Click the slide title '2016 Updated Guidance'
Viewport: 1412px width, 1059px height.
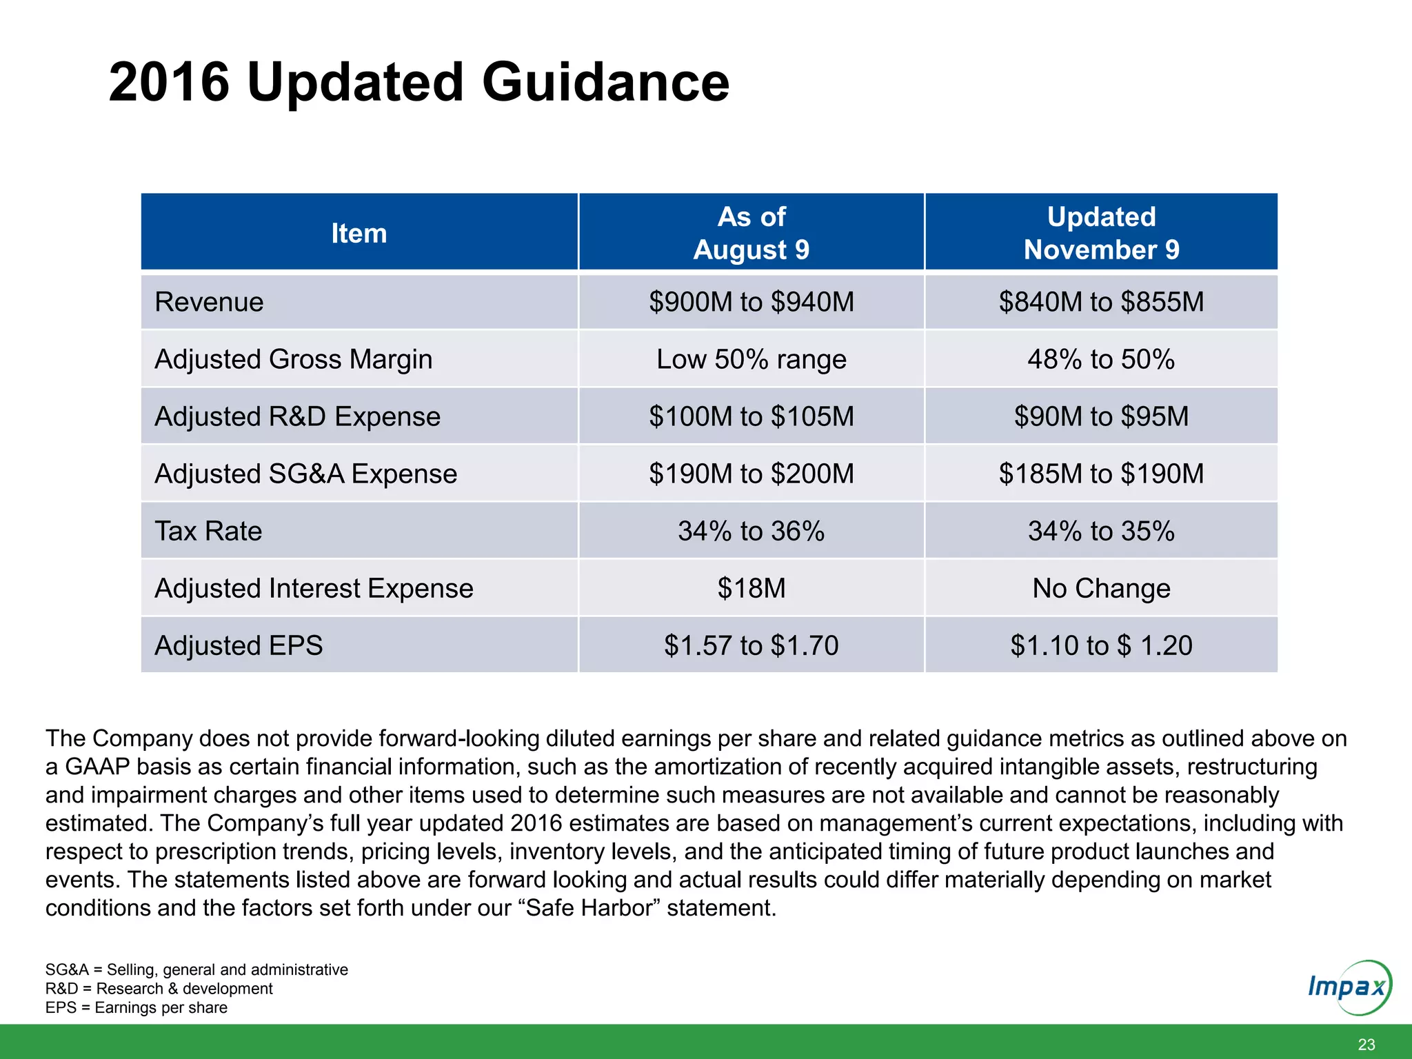[418, 82]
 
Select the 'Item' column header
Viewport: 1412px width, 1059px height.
[359, 233]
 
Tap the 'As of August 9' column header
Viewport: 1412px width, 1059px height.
[751, 233]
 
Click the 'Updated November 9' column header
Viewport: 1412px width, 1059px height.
[1101, 233]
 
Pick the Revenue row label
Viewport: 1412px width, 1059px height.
[209, 302]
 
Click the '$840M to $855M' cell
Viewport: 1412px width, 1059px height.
[1101, 302]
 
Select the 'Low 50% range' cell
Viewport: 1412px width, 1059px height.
[751, 359]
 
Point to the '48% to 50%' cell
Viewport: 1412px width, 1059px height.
[1101, 359]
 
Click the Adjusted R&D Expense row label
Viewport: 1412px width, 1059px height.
[297, 416]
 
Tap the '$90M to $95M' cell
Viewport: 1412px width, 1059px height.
[1101, 416]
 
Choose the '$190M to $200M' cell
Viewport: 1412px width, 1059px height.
[751, 474]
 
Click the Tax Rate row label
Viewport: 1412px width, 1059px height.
[208, 531]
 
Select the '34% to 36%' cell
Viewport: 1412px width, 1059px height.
[751, 531]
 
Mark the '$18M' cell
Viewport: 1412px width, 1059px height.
[751, 588]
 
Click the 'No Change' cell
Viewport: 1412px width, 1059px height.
[1101, 588]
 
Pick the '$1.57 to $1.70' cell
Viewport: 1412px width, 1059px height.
[751, 645]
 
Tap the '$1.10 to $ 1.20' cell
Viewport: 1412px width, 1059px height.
[1101, 645]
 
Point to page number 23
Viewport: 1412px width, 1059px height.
[1366, 1044]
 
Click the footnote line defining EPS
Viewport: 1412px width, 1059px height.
[137, 1007]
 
